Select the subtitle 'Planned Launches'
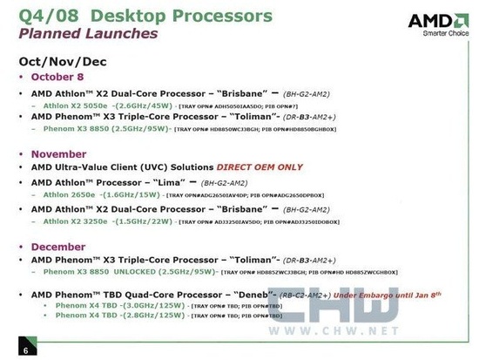click(x=89, y=34)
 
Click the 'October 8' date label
click(x=59, y=78)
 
